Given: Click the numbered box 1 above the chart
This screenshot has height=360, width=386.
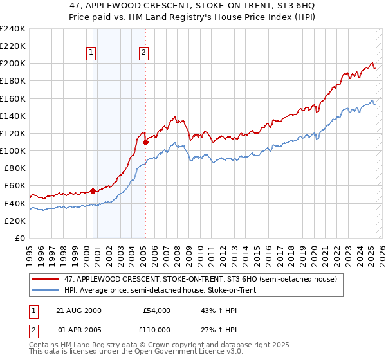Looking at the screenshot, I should tap(91, 53).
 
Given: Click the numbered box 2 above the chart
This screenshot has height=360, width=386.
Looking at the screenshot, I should tap(143, 53).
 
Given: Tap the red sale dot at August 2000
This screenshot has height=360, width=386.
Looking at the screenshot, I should tap(93, 191).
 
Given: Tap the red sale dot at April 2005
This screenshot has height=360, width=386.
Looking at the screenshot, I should tap(145, 142).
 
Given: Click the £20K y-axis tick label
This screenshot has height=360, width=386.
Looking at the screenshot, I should tap(15, 221).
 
